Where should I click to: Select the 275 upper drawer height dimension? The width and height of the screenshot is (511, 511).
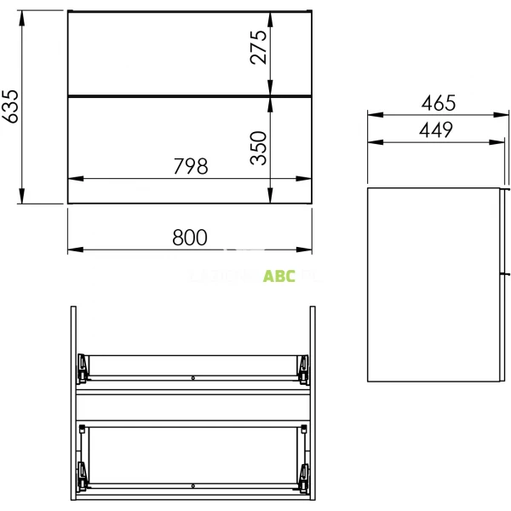(x=260, y=47)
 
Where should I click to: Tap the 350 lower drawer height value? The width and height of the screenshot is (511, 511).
(x=260, y=146)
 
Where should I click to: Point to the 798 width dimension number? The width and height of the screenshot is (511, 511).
(x=190, y=167)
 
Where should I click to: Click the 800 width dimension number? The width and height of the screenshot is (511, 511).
(x=190, y=238)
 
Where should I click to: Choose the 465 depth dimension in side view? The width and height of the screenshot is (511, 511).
(x=439, y=103)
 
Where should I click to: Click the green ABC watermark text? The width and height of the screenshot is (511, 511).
(x=279, y=276)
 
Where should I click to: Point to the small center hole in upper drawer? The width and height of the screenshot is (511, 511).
(x=193, y=377)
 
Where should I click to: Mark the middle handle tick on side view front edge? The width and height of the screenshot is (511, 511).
(x=507, y=274)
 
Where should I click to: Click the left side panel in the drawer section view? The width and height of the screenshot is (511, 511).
(x=75, y=400)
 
